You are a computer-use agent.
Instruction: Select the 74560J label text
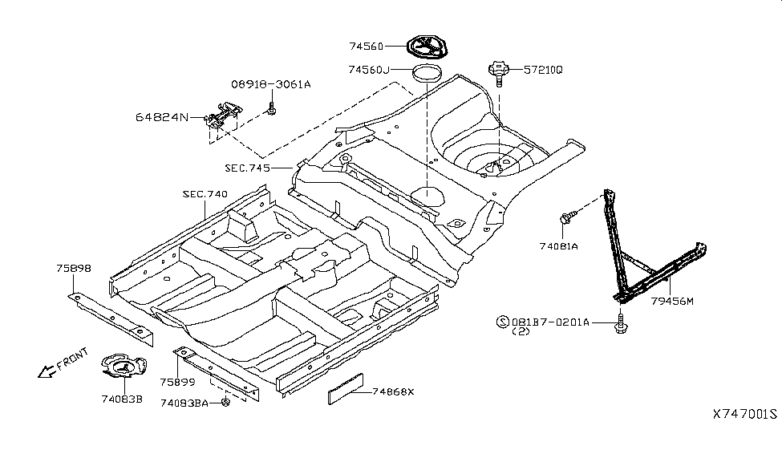coord(370,71)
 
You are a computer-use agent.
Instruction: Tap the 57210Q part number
coord(543,71)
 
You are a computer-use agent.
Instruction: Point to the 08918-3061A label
coord(270,84)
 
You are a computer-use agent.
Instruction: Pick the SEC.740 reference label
coord(205,194)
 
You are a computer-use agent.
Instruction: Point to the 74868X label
coord(395,391)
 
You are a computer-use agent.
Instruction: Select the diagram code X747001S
coord(744,415)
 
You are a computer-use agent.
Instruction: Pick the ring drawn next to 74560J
coord(427,75)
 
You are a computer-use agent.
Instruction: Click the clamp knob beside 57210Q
coord(499,71)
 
